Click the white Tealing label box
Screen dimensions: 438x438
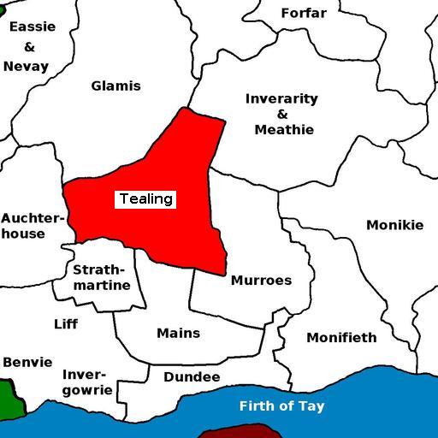(145, 199)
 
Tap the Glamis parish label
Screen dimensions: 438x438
(115, 86)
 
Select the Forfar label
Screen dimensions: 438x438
(304, 13)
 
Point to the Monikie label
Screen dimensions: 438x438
(394, 225)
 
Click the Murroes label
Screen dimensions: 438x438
(261, 281)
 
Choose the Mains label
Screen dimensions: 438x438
(178, 333)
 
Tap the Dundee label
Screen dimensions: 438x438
(192, 377)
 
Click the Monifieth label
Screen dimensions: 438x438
(341, 337)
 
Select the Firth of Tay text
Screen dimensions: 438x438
(281, 406)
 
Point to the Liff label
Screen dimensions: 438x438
(66, 324)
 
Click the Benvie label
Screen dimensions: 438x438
(27, 362)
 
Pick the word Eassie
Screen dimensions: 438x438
(32, 27)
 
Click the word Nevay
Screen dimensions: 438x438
(26, 66)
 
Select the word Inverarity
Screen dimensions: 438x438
(281, 98)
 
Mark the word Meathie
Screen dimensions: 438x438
(284, 130)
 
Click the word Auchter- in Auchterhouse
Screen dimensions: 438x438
(32, 218)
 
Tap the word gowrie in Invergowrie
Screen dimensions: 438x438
(87, 390)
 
